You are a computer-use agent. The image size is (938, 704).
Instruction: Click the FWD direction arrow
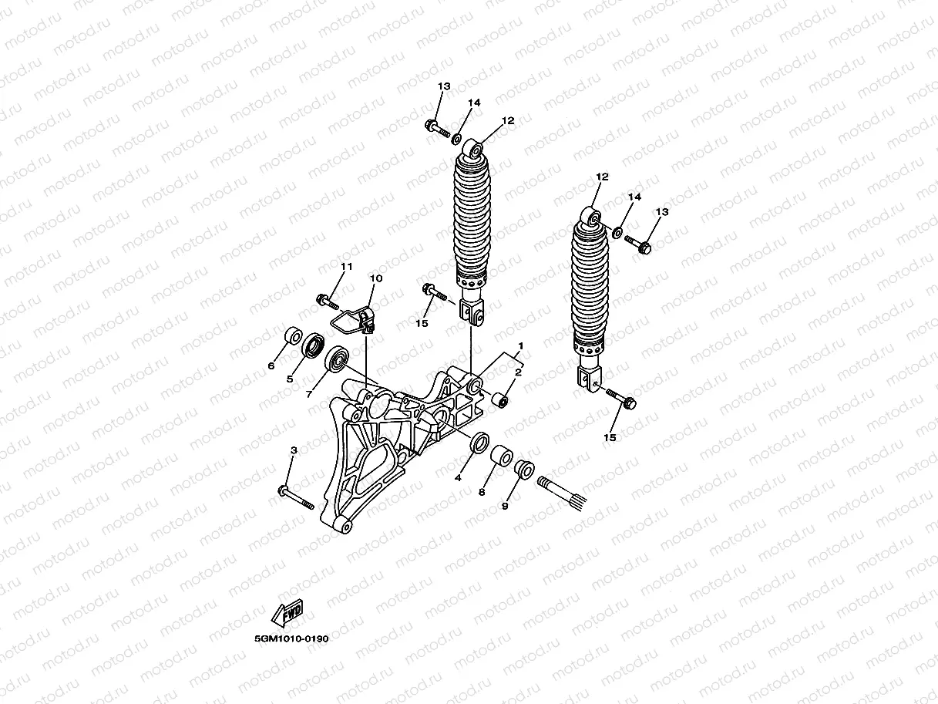pyautogui.click(x=287, y=613)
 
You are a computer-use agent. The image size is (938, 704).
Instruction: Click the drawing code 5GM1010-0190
pyautogui.click(x=291, y=639)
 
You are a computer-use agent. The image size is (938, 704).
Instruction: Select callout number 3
pyautogui.click(x=294, y=450)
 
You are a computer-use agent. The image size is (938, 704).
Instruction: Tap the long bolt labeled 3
pyautogui.click(x=297, y=498)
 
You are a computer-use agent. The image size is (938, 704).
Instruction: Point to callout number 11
pyautogui.click(x=346, y=267)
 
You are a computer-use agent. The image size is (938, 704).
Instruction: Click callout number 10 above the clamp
pyautogui.click(x=376, y=278)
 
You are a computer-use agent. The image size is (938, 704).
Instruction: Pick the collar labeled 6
pyautogui.click(x=292, y=338)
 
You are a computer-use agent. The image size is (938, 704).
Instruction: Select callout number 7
pyautogui.click(x=308, y=393)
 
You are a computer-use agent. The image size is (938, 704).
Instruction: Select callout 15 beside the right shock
pyautogui.click(x=610, y=438)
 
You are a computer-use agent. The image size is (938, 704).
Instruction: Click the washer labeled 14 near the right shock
pyautogui.click(x=618, y=231)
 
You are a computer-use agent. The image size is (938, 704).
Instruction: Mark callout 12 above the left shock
pyautogui.click(x=507, y=121)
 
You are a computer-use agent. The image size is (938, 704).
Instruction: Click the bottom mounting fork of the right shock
pyautogui.click(x=590, y=379)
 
